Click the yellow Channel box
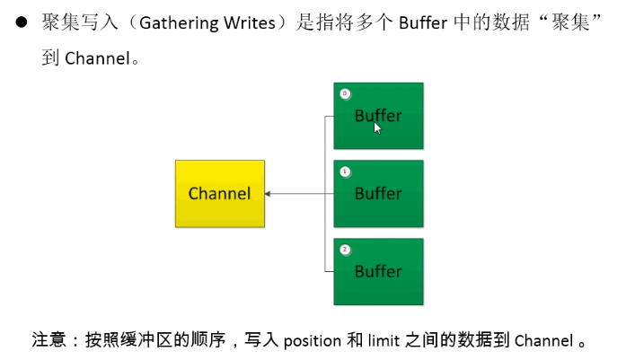click(220, 193)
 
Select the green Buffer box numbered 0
click(378, 116)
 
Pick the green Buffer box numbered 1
click(378, 193)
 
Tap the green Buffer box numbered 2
click(378, 271)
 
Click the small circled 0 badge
click(345, 93)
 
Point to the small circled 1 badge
click(345, 171)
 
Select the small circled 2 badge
click(345, 249)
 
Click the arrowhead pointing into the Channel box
click(269, 193)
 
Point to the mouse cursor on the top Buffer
click(378, 127)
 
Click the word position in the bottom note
click(312, 340)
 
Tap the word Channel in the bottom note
click(543, 340)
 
